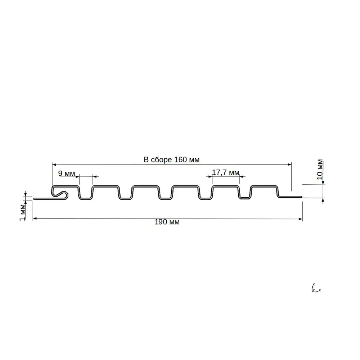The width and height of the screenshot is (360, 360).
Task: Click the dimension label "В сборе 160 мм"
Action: [171, 159]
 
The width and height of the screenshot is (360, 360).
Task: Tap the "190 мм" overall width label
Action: [167, 222]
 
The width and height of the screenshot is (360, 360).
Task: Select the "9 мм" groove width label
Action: [67, 174]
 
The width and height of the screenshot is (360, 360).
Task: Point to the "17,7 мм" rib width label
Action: [225, 172]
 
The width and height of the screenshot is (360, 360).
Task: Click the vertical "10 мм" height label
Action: [320, 169]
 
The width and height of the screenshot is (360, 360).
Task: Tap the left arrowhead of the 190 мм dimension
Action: [35, 219]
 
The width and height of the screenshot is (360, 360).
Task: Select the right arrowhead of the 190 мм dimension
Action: [300, 219]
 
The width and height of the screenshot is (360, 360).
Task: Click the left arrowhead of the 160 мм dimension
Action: [54, 165]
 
